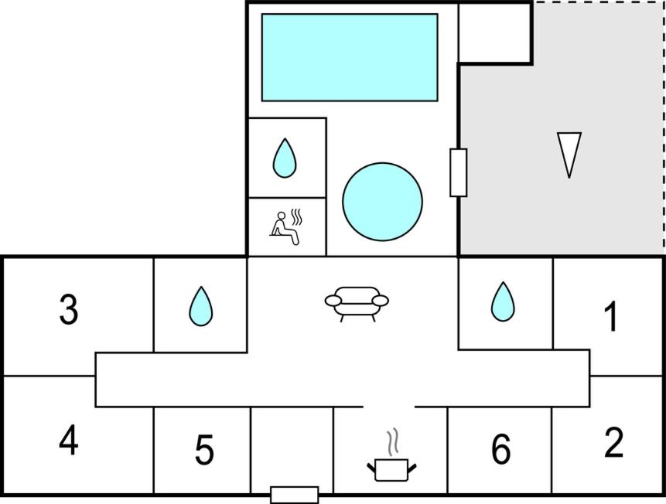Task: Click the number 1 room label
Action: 611,317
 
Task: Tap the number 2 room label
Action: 613,443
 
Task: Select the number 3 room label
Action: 69,310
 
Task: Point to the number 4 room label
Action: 69,441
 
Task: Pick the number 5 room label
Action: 203,451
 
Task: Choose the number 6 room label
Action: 500,450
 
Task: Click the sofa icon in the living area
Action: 356,303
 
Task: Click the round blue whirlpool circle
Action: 382,202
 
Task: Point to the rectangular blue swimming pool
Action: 350,57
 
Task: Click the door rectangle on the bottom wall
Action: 294,495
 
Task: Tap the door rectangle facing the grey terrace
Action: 458,172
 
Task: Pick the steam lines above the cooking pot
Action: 393,442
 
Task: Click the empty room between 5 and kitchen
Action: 292,450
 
